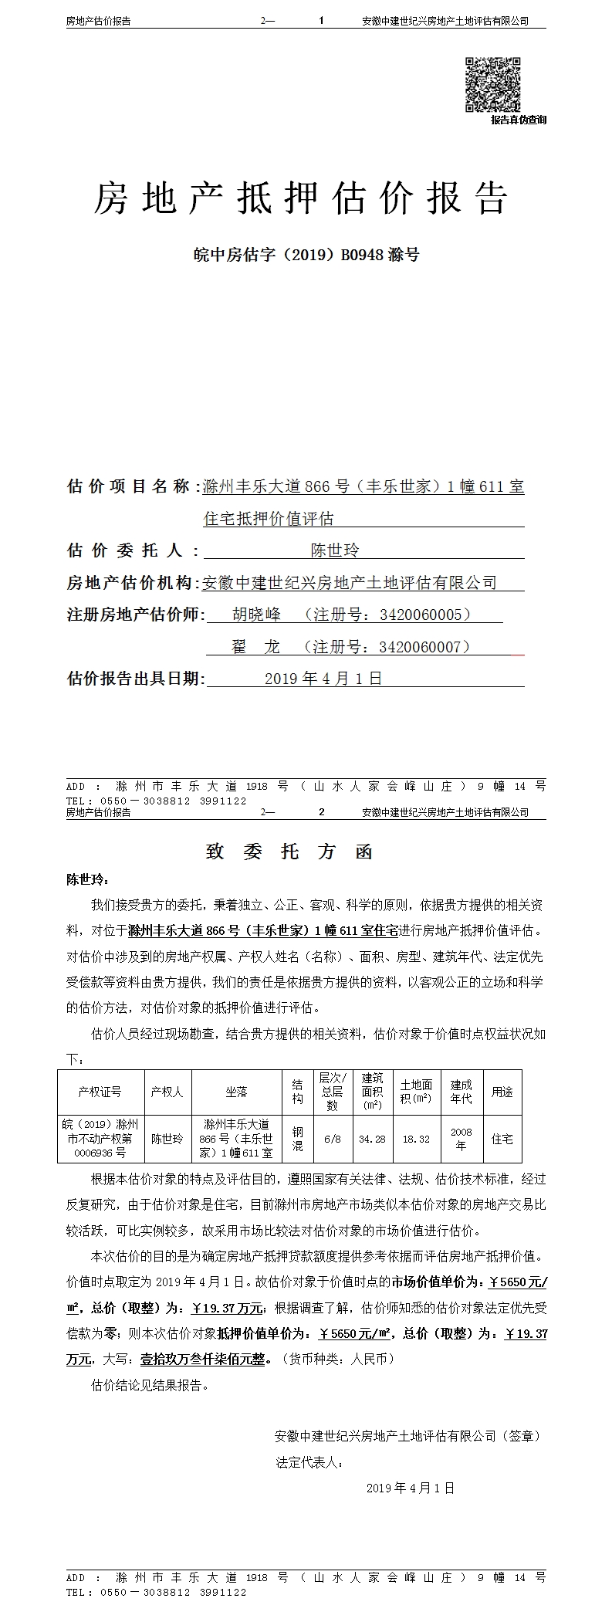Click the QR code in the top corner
click(492, 84)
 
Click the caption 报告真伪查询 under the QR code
click(518, 120)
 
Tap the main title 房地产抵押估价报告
click(301, 198)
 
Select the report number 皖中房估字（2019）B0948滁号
click(306, 254)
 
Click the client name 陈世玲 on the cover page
click(335, 550)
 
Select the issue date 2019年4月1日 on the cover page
click(323, 679)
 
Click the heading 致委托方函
click(289, 852)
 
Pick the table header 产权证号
click(100, 1092)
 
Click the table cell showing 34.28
click(372, 1139)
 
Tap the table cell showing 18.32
click(416, 1139)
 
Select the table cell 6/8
click(333, 1139)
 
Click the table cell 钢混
click(297, 1139)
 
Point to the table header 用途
click(502, 1092)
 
